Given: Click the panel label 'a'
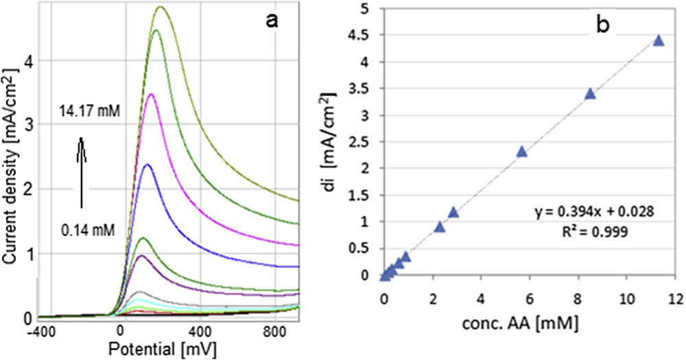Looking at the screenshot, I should coord(272,21).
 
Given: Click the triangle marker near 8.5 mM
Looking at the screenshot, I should coord(590,94).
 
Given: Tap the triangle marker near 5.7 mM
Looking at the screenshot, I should coord(521,152).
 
